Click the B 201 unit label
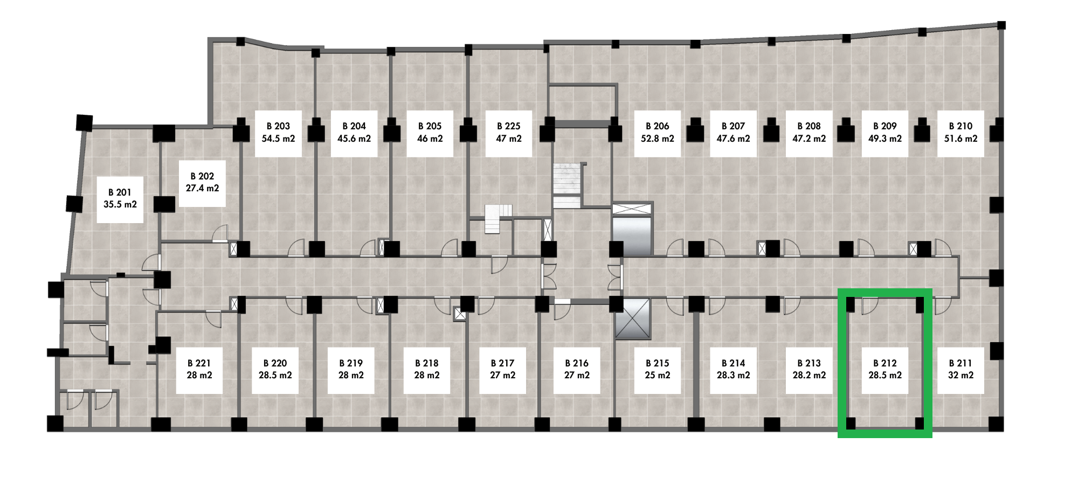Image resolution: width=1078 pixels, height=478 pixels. pyautogui.click(x=120, y=199)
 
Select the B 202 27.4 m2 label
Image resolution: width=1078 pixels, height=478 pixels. pyautogui.click(x=202, y=183)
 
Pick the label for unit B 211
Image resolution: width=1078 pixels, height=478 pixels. pyautogui.click(x=961, y=370)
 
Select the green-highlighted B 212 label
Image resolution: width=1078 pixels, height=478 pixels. pyautogui.click(x=885, y=370)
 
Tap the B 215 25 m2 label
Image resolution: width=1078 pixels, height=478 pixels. pyautogui.click(x=658, y=370)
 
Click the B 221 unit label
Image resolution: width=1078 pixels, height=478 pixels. pyautogui.click(x=199, y=370)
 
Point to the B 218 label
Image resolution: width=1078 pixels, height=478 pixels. pyautogui.click(x=427, y=370)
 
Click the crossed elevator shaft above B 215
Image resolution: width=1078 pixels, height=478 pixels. pyautogui.click(x=633, y=319)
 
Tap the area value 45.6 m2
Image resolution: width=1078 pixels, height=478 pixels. pyautogui.click(x=354, y=139)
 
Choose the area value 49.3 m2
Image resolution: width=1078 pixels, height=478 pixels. pyautogui.click(x=885, y=139)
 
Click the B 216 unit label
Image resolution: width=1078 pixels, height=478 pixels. pyautogui.click(x=577, y=370)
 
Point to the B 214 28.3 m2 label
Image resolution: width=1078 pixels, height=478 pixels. pyautogui.click(x=734, y=370)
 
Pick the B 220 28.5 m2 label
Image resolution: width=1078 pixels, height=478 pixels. pyautogui.click(x=275, y=370)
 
